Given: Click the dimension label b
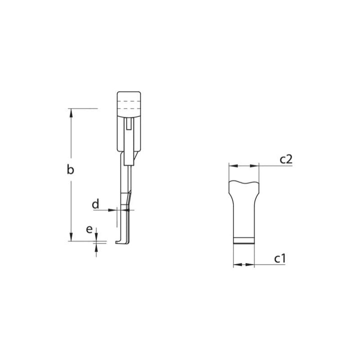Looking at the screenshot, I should pos(71,170).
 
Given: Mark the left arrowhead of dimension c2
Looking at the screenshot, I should pos(232,166).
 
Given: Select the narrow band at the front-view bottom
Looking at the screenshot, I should pos(244,240).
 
